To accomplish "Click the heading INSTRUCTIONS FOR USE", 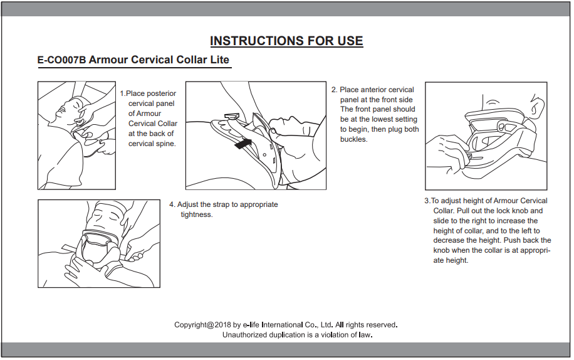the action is pyautogui.click(x=286, y=41).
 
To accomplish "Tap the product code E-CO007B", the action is pyautogui.click(x=61, y=60).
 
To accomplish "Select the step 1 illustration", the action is pyautogui.click(x=76, y=135).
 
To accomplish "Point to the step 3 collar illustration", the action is pyautogui.click(x=486, y=135).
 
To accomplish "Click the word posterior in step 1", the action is pyautogui.click(x=162, y=93).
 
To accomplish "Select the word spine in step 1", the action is pyautogui.click(x=164, y=144).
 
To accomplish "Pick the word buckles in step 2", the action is pyautogui.click(x=353, y=139).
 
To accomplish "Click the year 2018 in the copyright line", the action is pyautogui.click(x=222, y=325).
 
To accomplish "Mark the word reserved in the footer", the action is pyautogui.click(x=380, y=325).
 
